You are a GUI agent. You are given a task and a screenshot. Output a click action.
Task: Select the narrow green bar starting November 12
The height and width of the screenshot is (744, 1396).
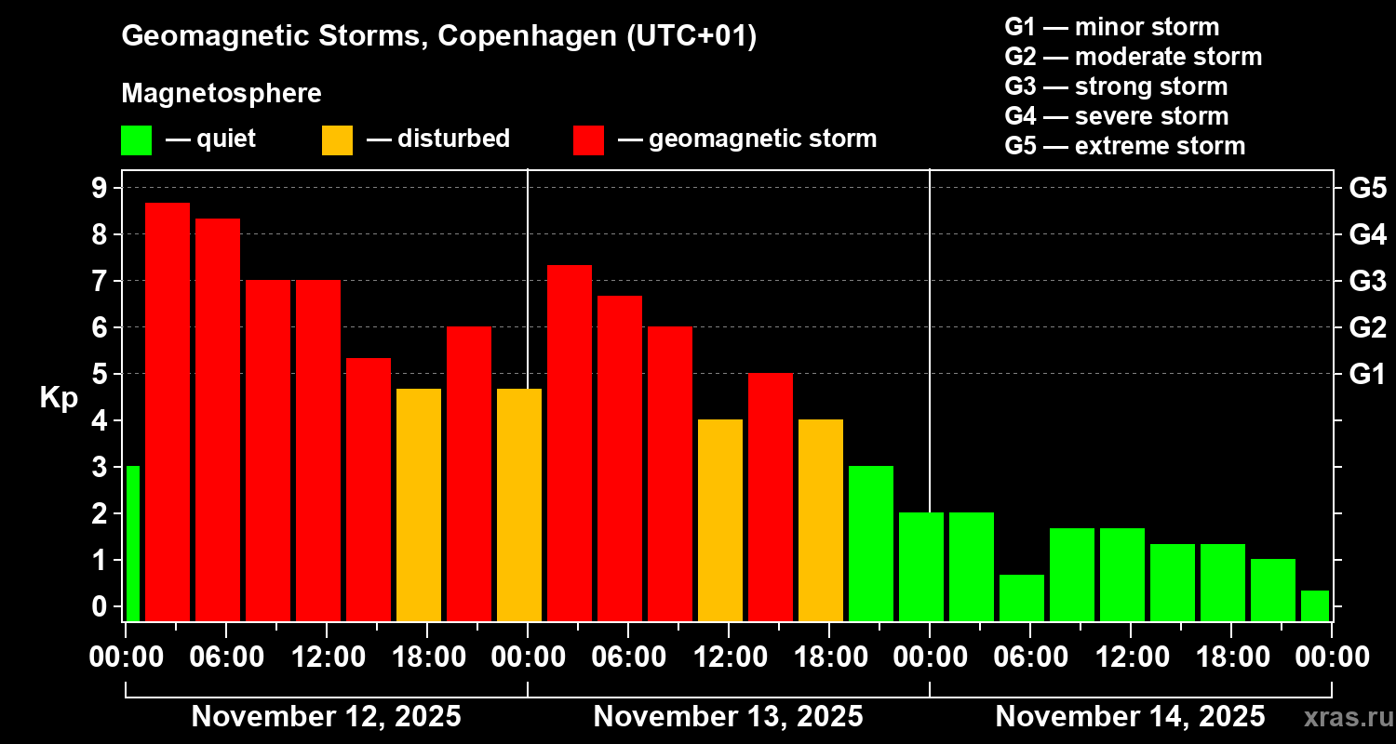[132, 543]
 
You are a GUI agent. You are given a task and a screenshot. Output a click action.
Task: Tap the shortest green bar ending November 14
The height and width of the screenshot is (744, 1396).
[1314, 605]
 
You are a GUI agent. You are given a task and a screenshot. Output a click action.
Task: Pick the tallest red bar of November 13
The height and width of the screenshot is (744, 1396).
[570, 443]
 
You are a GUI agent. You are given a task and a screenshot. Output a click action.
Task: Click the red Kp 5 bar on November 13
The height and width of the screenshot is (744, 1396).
[771, 497]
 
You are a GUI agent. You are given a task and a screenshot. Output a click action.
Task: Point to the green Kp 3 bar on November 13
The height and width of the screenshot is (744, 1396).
[871, 543]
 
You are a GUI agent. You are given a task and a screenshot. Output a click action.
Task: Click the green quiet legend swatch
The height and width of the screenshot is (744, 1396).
[137, 139]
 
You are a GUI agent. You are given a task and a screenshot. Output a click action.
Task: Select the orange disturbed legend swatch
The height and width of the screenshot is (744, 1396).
[337, 139]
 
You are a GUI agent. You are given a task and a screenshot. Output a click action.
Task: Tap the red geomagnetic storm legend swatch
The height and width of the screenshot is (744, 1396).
[588, 139]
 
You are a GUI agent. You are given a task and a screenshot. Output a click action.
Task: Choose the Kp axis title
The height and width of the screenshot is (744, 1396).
[59, 397]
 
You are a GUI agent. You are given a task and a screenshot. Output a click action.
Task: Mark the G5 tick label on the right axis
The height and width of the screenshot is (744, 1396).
[1367, 188]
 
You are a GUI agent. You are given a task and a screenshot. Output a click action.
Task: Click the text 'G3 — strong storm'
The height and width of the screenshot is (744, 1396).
[1116, 86]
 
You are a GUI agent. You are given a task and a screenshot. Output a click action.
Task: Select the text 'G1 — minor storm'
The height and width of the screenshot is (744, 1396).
[1111, 27]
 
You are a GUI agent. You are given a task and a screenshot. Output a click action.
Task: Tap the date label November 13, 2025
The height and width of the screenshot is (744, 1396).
[728, 717]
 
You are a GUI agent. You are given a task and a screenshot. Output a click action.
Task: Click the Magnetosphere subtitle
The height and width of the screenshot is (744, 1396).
[221, 94]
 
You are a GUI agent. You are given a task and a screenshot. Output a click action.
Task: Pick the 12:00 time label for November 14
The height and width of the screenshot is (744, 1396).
[1130, 657]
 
